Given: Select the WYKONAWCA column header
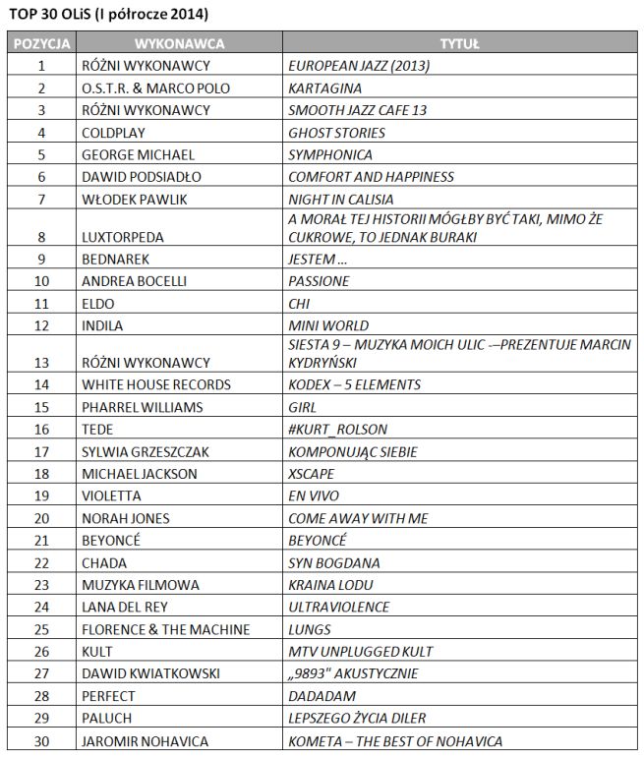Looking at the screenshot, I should click(179, 45).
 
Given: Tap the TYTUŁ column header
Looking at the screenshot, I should click(459, 45).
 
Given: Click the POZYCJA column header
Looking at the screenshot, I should click(42, 45).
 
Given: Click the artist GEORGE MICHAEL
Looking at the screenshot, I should click(139, 154).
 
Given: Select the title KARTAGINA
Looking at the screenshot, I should click(321, 88).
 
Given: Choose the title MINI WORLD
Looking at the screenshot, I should click(327, 324).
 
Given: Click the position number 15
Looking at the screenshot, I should click(42, 406).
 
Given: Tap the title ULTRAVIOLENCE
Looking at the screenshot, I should click(338, 607).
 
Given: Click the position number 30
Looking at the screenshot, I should click(42, 740).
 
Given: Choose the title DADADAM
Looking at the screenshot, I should click(318, 695).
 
